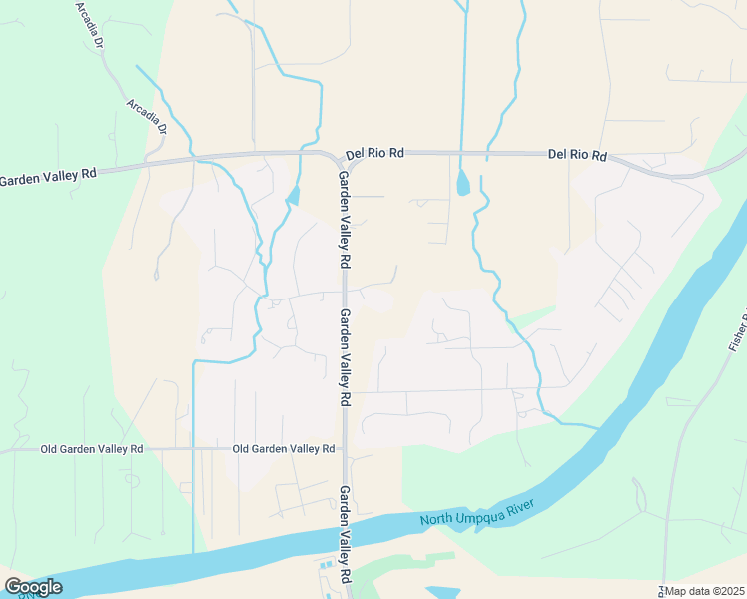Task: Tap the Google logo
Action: click(33, 587)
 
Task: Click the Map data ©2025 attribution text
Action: click(705, 591)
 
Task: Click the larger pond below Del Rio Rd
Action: click(462, 183)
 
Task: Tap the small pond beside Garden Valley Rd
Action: click(292, 195)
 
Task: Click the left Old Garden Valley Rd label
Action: click(92, 449)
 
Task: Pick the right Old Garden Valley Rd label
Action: click(283, 449)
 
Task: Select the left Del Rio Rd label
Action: click(374, 154)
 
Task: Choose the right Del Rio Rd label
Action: click(577, 155)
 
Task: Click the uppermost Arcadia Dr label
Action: click(90, 25)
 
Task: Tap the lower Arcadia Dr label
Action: click(147, 116)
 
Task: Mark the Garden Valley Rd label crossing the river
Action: click(345, 534)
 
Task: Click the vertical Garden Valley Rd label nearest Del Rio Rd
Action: click(344, 218)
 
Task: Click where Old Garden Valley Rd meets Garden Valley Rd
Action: click(344, 450)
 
